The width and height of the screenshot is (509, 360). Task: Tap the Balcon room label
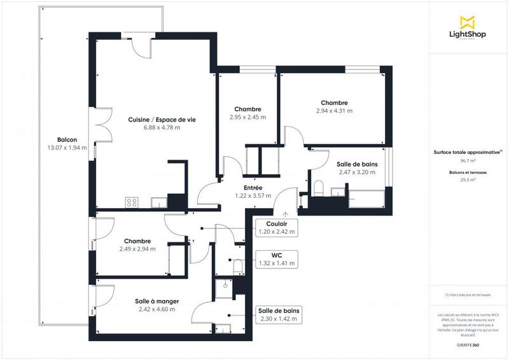67,140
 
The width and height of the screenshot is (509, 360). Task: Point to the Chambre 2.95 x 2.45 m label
248,109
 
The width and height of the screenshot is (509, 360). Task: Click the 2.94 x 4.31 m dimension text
334,111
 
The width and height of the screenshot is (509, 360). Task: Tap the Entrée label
253,188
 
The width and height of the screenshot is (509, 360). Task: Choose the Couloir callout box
275,228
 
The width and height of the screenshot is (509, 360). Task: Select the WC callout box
275,258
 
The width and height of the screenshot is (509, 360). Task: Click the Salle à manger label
157,301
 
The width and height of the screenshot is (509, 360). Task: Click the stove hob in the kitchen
132,202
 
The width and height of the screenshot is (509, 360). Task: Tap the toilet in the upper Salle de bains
320,188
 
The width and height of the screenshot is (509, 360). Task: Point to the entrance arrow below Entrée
286,215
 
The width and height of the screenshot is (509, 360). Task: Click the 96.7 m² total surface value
468,162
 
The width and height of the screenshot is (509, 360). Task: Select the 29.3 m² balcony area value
468,180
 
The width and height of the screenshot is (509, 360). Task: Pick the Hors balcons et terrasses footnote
468,295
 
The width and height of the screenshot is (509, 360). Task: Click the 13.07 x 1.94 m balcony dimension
67,148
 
